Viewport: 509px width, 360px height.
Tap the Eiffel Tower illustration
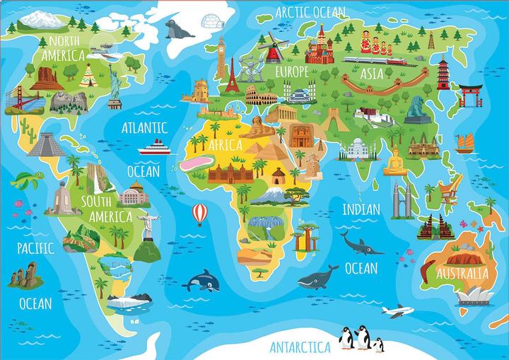coord(230,75)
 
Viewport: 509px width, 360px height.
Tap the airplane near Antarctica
coord(397,311)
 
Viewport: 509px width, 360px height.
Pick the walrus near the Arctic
coord(175,29)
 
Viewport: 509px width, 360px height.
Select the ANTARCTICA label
coord(300,347)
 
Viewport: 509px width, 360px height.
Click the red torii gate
coord(469,94)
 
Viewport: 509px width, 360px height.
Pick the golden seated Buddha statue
coord(394,162)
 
